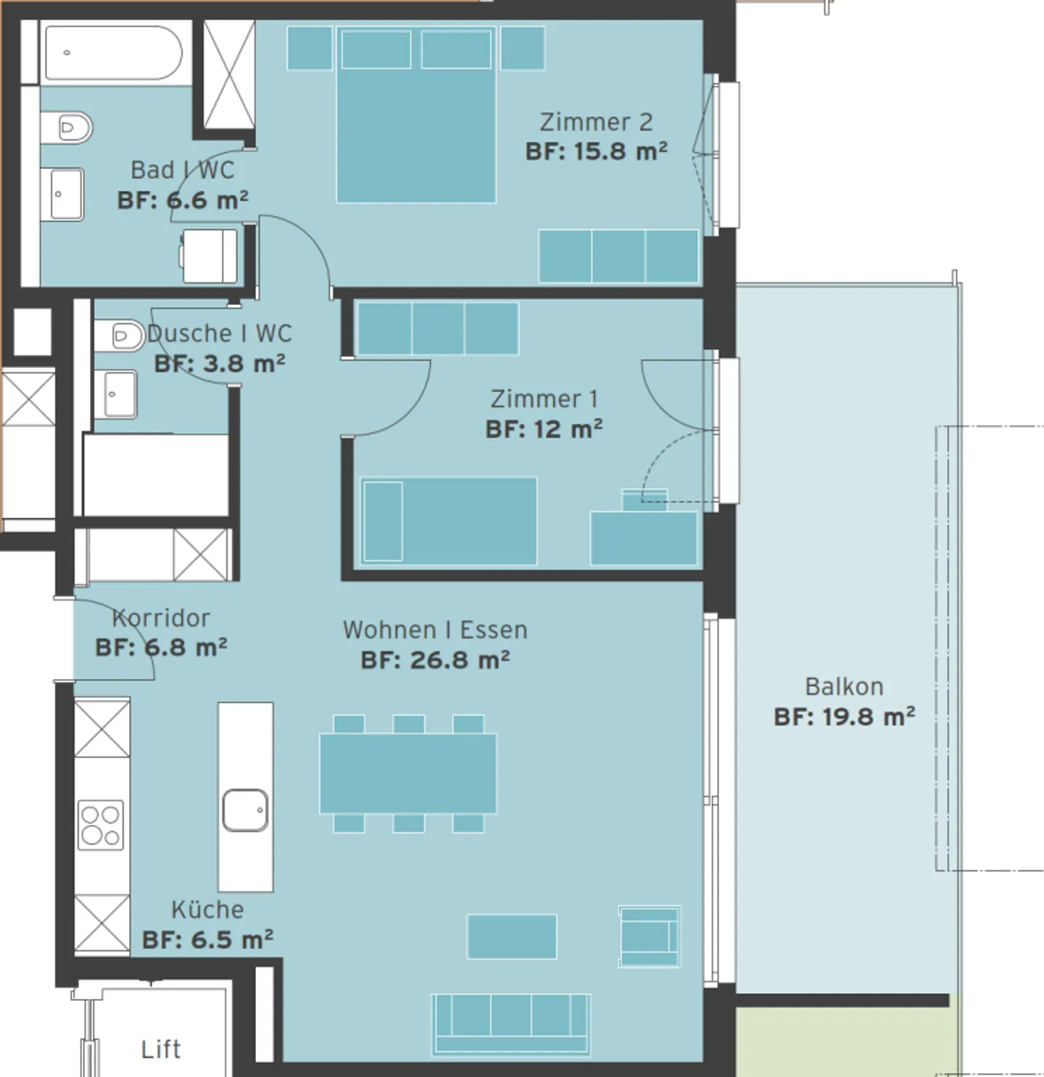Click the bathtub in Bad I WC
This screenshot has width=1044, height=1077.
pos(113,53)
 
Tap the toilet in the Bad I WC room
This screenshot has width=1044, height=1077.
pos(67,128)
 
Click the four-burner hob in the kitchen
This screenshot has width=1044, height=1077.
pos(101,825)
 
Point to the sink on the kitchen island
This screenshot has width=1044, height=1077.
pos(245,810)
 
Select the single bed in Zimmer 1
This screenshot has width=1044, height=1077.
pos(449,520)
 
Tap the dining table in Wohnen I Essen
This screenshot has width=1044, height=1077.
pos(408,773)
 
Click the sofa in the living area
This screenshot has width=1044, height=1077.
pos(511,1023)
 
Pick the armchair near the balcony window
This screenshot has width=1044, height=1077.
pos(649,936)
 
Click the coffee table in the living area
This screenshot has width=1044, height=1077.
pos(512,936)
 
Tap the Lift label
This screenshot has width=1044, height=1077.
pos(161,1049)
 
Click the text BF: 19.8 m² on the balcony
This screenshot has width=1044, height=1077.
pos(844,717)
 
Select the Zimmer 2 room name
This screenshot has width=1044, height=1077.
pos(596,122)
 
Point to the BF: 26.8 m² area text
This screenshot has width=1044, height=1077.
pos(436,660)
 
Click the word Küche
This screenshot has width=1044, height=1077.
pos(207,910)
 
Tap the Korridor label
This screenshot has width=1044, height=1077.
pos(162,618)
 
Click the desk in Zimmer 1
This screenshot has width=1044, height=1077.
pos(644,538)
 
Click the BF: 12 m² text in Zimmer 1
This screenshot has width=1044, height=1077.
pos(544,429)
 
